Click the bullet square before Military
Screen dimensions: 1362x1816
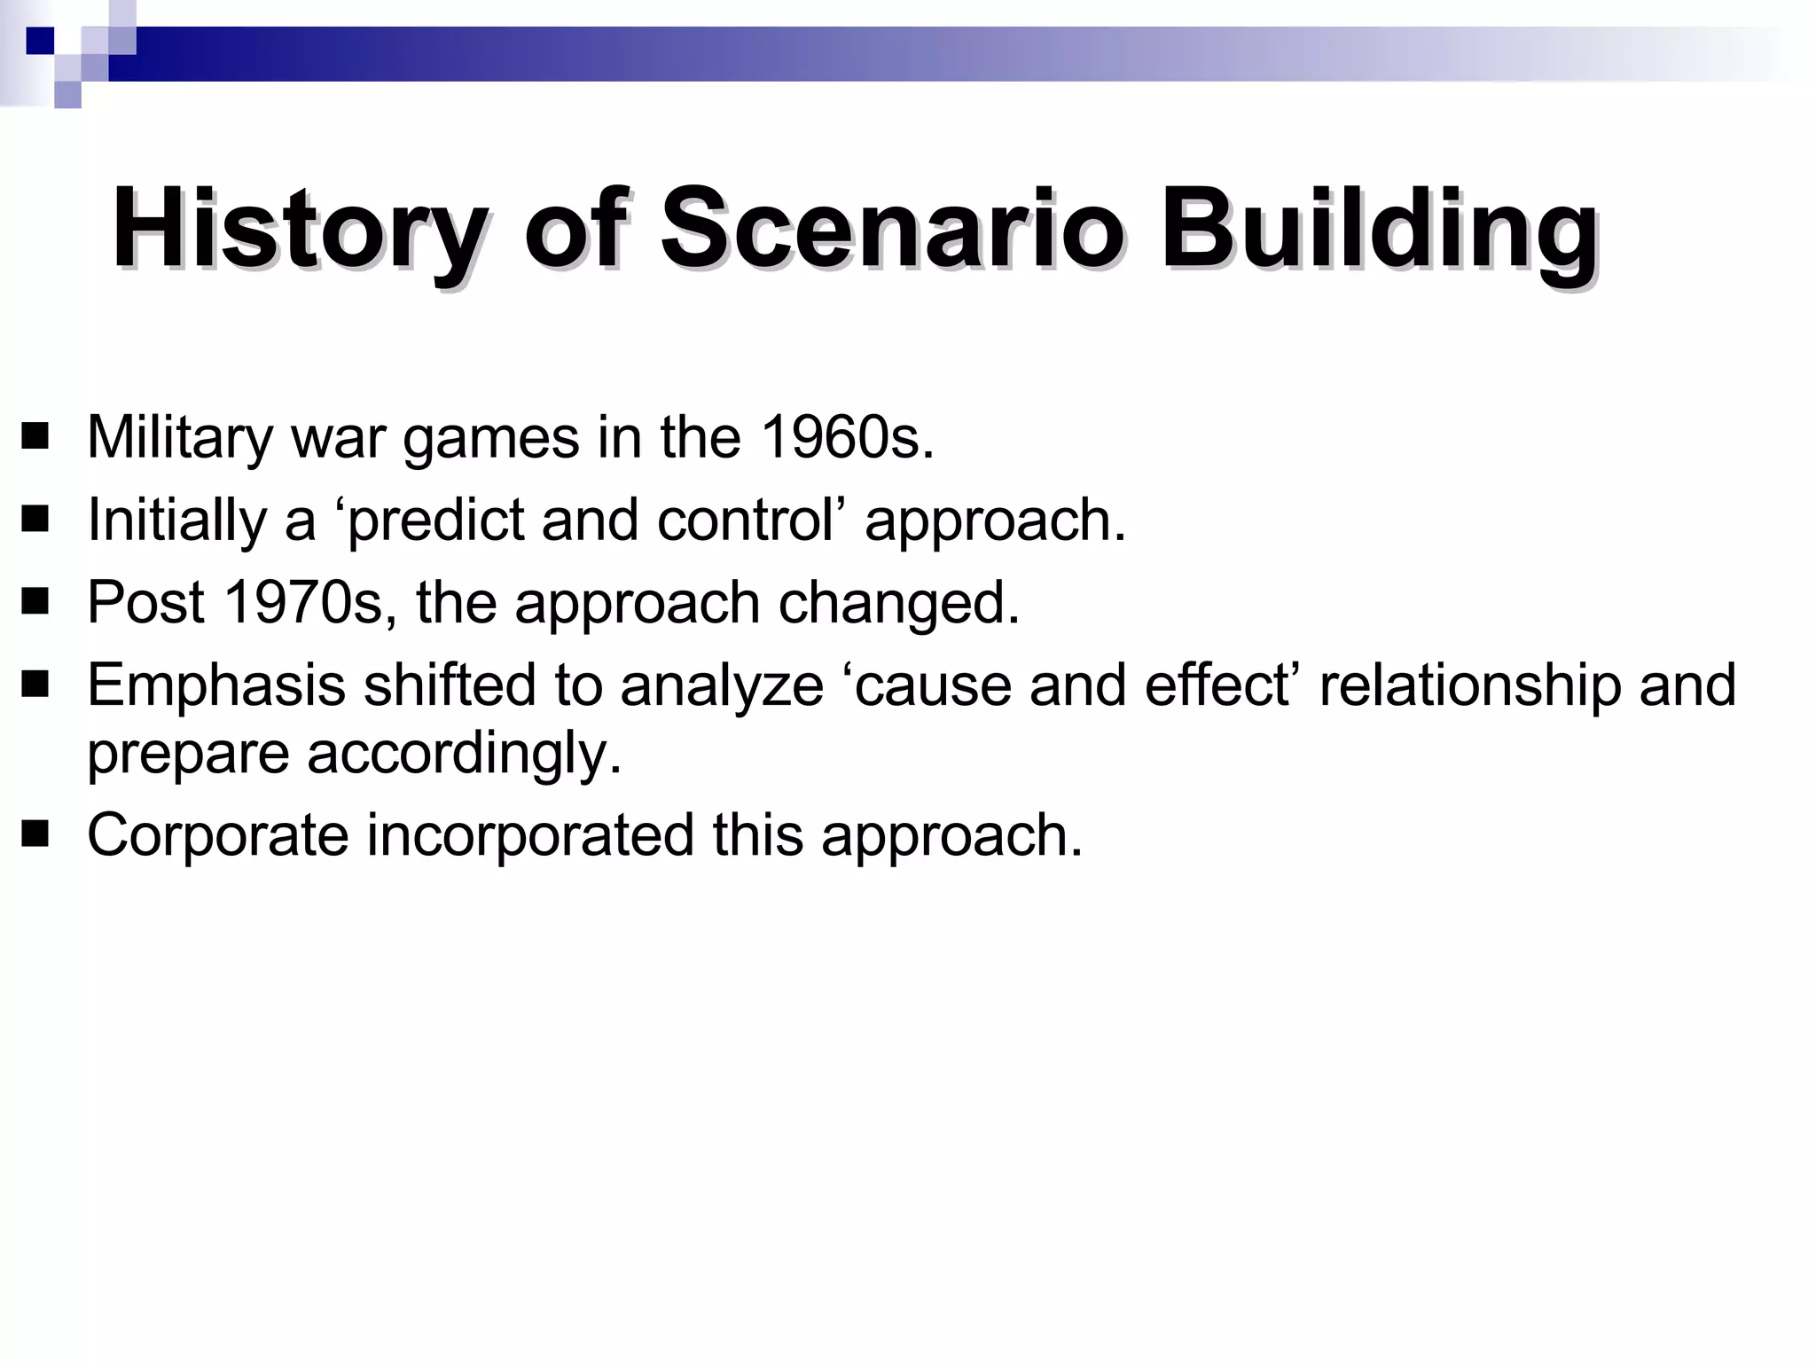(x=35, y=438)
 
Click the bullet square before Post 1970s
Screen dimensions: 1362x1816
(x=35, y=603)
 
